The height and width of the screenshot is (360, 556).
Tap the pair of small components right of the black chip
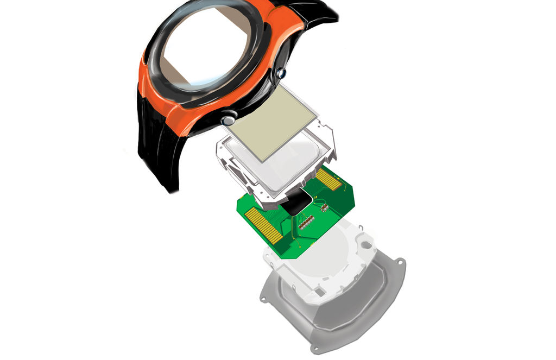tap(323, 207)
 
